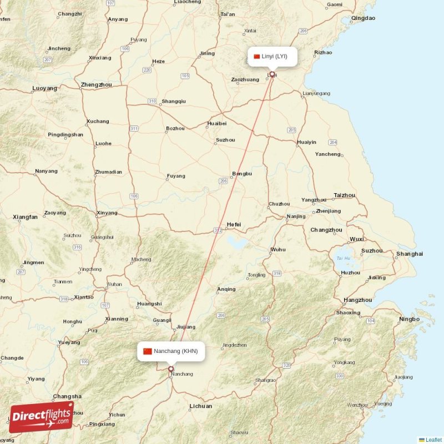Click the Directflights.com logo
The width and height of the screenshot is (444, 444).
tap(41, 417)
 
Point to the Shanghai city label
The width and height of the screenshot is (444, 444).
tap(409, 254)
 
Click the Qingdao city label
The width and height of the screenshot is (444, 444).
tap(363, 18)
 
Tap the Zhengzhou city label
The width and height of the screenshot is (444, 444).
tap(96, 85)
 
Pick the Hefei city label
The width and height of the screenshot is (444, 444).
tap(234, 224)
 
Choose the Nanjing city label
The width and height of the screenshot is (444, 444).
tap(296, 216)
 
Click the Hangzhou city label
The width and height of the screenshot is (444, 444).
tap(358, 300)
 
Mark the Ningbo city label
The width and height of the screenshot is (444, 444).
tap(409, 319)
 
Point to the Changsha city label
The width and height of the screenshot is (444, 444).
tap(67, 396)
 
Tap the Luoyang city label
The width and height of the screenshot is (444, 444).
tap(45, 88)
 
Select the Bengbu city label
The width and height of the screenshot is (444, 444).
tap(242, 174)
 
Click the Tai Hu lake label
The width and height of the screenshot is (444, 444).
tap(344, 258)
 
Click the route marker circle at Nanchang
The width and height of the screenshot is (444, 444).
tap(171, 369)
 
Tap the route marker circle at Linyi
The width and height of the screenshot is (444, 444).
tap(272, 74)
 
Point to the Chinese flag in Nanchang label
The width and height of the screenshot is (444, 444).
tap(147, 351)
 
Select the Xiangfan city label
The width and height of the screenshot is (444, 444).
tap(25, 217)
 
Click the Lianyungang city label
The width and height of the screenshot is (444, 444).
tap(316, 93)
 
